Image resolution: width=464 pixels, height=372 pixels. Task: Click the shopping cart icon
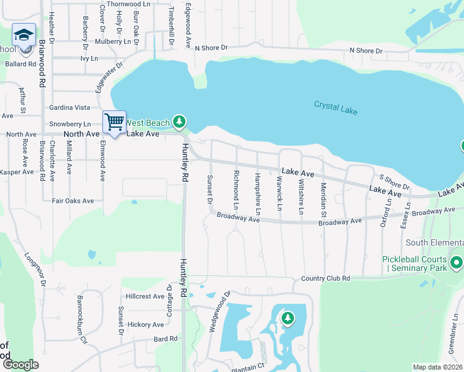point(114,122)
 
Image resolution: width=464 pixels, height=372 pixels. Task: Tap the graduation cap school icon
point(24,35)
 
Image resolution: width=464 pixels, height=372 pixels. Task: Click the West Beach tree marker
point(179,121)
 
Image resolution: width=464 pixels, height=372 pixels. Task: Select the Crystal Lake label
point(336,107)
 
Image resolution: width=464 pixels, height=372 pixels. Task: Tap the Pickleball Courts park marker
point(457,263)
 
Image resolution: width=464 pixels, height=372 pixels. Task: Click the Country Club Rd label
point(326,278)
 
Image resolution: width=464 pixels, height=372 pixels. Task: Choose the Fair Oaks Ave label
point(73,201)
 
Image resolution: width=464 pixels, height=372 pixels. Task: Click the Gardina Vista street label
point(69,107)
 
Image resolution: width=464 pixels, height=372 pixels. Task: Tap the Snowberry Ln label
point(70,124)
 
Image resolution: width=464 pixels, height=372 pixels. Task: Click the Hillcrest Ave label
point(145,296)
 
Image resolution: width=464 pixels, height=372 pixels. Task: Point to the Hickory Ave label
point(145,324)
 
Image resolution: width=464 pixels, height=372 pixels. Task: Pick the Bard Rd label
point(166,339)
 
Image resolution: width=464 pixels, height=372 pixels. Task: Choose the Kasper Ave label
point(17,172)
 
